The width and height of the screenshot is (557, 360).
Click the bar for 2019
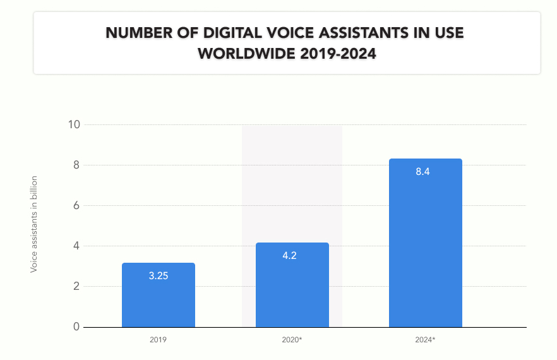point(159,295)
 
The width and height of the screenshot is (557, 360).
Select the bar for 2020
point(292,285)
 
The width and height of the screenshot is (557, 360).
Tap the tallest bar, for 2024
point(426,243)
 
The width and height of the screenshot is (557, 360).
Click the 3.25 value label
point(159,276)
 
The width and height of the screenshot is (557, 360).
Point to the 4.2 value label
point(289,256)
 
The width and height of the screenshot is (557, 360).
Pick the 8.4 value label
point(422,172)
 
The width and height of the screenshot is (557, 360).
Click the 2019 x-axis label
point(158,340)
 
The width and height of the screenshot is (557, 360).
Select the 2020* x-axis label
point(292,340)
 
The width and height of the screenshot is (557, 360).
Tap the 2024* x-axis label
point(425,340)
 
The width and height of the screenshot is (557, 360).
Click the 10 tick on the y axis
point(74,125)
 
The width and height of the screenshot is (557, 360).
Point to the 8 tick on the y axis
point(76,165)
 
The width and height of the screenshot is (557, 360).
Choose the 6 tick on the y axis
point(76,205)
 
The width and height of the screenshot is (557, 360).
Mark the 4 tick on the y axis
point(76,246)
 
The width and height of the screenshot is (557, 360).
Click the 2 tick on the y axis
point(76,286)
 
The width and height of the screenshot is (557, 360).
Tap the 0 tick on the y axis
point(76,327)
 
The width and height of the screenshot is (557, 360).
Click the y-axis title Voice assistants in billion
point(33,225)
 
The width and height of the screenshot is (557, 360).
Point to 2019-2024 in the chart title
point(338,54)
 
